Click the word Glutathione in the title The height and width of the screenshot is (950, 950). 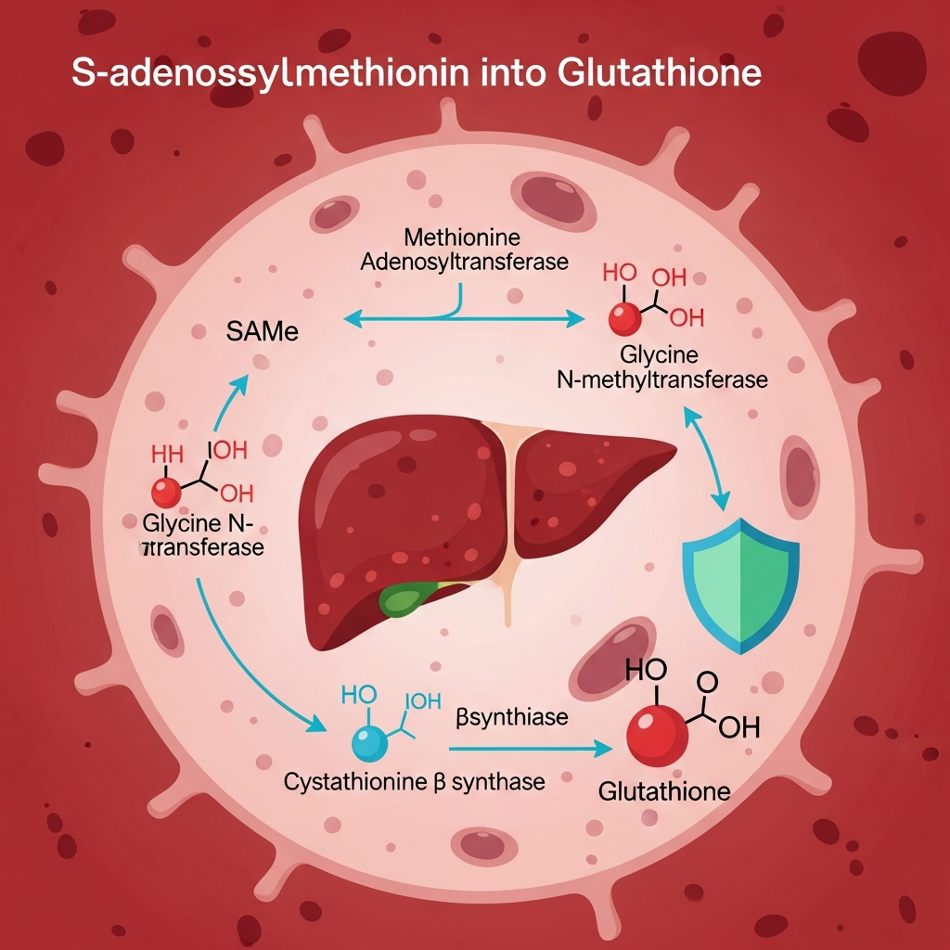point(660,73)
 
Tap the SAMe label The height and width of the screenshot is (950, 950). point(263,331)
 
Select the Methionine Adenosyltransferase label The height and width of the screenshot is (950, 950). point(463,250)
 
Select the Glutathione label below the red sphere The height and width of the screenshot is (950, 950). point(664,791)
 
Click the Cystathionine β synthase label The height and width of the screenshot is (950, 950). point(414,782)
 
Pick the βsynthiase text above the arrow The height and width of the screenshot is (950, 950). point(499,716)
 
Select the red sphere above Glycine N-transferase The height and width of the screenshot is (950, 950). point(167,493)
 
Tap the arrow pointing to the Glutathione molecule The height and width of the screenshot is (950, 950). point(529,745)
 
